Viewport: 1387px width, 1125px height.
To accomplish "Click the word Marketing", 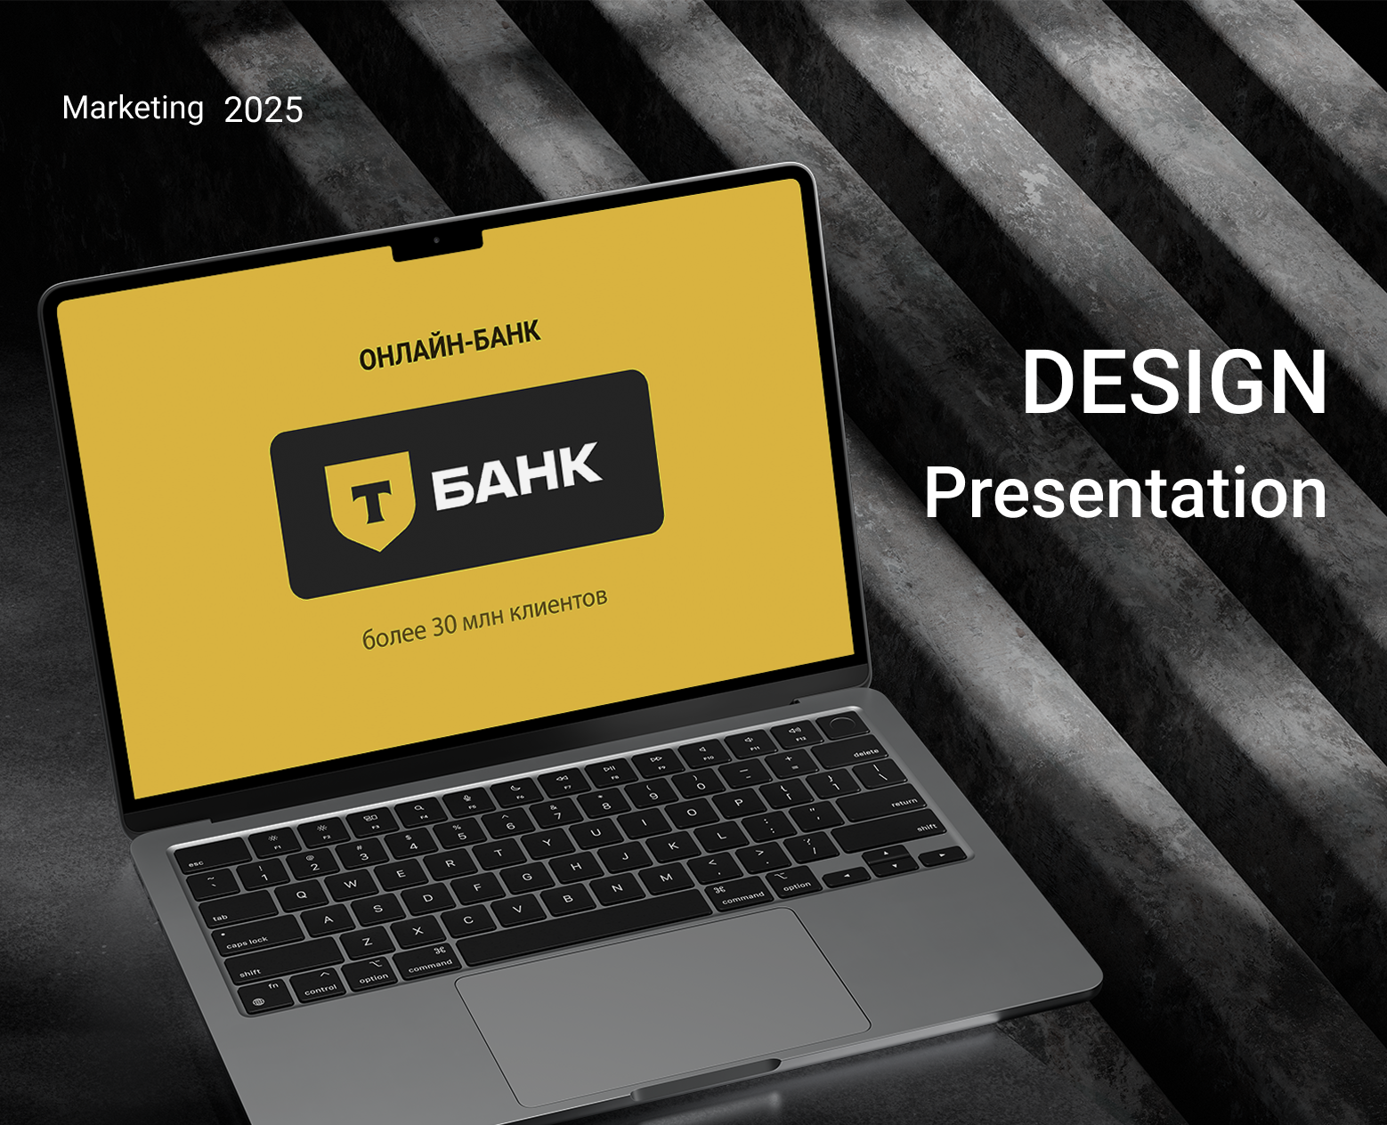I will tap(133, 109).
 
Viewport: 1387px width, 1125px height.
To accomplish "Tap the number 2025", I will tap(264, 110).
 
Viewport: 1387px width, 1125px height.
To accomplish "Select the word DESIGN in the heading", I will tap(1174, 382).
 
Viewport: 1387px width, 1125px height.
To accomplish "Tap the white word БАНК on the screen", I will tap(516, 475).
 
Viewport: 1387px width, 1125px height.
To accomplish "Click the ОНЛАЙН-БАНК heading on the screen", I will tap(450, 345).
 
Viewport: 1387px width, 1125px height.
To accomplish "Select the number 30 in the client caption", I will tap(444, 625).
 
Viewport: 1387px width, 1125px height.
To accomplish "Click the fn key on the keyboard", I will tap(273, 989).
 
